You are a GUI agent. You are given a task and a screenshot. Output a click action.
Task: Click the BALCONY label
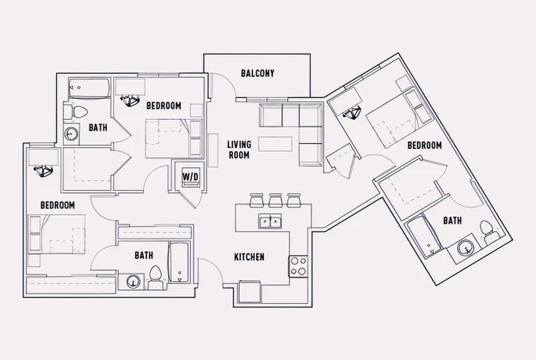[257, 73]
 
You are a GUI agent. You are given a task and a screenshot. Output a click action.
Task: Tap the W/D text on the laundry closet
[190, 177]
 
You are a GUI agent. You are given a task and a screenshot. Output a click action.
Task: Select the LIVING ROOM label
[240, 149]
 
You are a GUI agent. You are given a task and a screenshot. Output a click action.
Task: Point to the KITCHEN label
[248, 257]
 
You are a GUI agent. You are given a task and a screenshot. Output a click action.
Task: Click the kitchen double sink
[270, 222]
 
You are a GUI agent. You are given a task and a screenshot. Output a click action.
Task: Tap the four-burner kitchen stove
[299, 266]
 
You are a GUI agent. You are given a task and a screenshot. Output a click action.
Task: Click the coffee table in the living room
[276, 144]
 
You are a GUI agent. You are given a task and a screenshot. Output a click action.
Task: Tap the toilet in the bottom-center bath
[156, 275]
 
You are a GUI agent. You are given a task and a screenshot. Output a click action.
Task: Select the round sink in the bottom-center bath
[133, 281]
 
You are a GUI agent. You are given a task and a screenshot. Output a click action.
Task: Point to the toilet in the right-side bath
[487, 227]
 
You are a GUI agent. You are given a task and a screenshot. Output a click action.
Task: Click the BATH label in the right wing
[452, 220]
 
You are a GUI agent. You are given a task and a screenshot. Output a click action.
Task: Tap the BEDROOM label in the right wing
[425, 145]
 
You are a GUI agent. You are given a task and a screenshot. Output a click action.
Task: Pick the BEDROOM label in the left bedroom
[58, 205]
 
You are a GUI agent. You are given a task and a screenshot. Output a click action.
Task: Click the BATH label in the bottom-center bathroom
[143, 255]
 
